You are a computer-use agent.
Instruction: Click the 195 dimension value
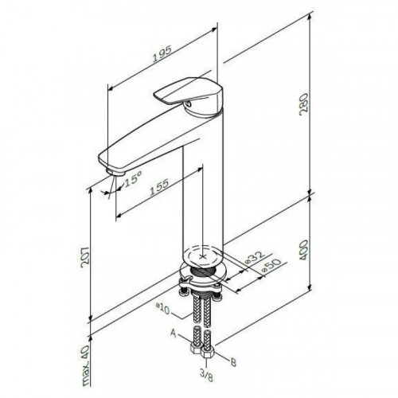coord(162,54)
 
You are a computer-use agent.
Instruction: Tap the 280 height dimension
coord(303,103)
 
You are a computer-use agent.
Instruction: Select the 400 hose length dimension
coord(303,250)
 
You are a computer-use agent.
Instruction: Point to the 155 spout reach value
coord(159,187)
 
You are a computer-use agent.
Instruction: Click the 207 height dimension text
coord(85,257)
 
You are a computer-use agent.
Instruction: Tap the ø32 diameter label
coord(256,258)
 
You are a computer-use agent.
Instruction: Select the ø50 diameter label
coord(271,265)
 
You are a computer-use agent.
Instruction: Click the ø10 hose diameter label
coord(162,309)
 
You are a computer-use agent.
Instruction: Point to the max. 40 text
coord(86,366)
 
